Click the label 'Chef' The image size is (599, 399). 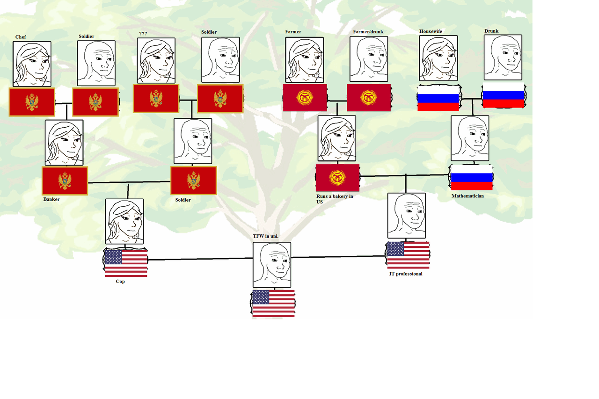[21, 37]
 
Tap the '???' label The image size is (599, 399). [143, 34]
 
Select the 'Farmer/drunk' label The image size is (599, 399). [368, 32]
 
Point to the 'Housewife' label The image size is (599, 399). [431, 31]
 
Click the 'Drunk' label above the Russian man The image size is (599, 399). [491, 31]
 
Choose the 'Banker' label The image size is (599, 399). [51, 199]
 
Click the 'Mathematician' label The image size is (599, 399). [468, 196]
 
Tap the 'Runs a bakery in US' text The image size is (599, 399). [334, 199]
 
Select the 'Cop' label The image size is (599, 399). [120, 282]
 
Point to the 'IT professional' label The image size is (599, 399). [406, 274]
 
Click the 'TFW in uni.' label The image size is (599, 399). [265, 237]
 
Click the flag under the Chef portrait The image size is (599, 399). [32, 102]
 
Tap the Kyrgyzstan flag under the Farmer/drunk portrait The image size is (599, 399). [368, 98]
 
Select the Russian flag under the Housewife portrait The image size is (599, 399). [438, 98]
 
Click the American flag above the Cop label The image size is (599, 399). [125, 263]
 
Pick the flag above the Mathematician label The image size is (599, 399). [471, 177]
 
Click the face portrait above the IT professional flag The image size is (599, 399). [407, 216]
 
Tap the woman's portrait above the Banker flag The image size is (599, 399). [64, 143]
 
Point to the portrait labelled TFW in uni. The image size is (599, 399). [272, 264]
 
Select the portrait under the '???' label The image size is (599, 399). [156, 61]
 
